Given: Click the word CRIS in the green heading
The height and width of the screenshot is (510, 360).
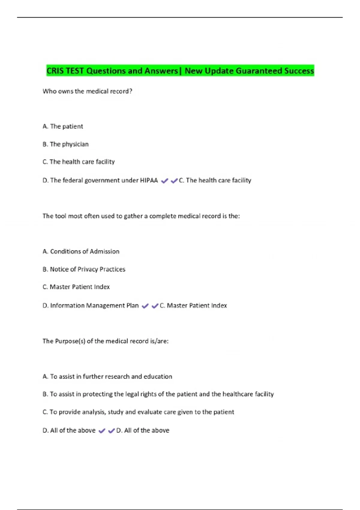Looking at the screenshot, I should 55,71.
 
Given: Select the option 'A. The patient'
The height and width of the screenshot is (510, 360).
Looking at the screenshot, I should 63,126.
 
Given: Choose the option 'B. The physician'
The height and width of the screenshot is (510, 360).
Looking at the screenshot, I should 65,144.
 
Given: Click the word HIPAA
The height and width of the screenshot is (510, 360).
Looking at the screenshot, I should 149,180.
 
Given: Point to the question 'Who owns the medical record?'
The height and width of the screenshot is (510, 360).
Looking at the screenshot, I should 87,91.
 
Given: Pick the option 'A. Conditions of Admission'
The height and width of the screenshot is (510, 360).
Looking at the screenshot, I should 81,251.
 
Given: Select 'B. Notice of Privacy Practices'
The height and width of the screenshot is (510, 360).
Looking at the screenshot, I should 84,269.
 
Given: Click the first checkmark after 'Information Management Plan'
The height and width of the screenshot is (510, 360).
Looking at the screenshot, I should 145,306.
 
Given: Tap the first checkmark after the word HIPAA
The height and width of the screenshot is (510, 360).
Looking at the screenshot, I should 164,181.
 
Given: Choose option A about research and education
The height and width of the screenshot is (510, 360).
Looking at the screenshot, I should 107,376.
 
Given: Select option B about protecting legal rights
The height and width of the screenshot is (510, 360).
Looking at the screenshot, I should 158,394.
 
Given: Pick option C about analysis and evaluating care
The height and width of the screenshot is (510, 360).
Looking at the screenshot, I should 138,412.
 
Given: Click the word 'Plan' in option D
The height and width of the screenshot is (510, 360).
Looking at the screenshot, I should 132,305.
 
